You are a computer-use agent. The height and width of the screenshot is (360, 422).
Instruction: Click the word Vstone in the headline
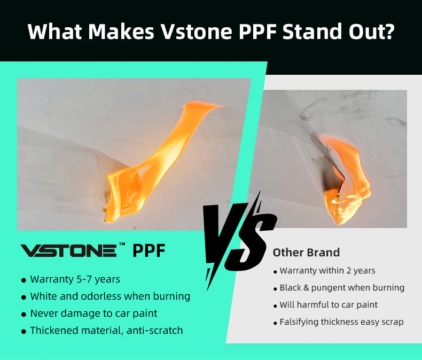pos(196,31)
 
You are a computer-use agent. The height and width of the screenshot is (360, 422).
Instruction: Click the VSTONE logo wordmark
pos(68,251)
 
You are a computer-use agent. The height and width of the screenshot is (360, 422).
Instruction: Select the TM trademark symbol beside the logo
pos(122,244)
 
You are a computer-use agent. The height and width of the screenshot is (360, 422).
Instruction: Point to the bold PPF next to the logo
pos(149,251)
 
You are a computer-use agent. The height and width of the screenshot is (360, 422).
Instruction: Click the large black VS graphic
pos(239,241)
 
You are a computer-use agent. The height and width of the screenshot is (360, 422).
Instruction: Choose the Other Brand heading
pos(306,253)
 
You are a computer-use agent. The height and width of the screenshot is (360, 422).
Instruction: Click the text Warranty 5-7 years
pos(75,279)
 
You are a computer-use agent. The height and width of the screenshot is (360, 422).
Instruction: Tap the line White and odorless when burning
pos(110,296)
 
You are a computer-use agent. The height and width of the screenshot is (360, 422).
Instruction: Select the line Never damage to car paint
pos(93,314)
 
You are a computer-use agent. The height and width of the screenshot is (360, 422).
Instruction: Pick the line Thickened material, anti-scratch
pos(107,331)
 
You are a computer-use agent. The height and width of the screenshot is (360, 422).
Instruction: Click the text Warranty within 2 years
pos(327,271)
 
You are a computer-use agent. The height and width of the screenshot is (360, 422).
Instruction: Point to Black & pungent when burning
pos(342,288)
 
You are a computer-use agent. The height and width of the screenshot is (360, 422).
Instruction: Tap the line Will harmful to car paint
pos(329,305)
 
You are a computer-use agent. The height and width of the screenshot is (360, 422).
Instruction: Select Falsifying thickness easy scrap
pos(341,322)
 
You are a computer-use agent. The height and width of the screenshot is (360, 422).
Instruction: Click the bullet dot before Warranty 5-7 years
pos(24,280)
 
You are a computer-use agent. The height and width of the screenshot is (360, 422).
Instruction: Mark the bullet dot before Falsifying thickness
pos(275,323)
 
